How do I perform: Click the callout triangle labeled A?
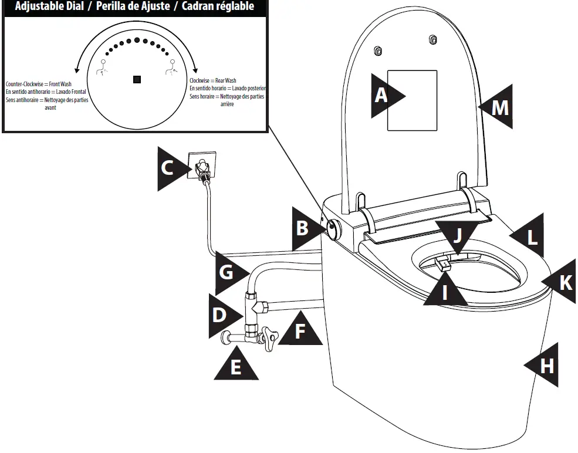coord(386,96)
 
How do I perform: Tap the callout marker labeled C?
coord(170,169)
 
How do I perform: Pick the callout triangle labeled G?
coord(229,272)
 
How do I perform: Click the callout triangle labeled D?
coord(222,315)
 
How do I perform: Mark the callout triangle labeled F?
coord(300,330)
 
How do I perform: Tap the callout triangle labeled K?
coord(561,283)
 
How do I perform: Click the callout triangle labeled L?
coord(528,237)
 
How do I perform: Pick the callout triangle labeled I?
coord(445,289)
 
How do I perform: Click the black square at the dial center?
coord(137,79)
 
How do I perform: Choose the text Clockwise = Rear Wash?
coord(212,80)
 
